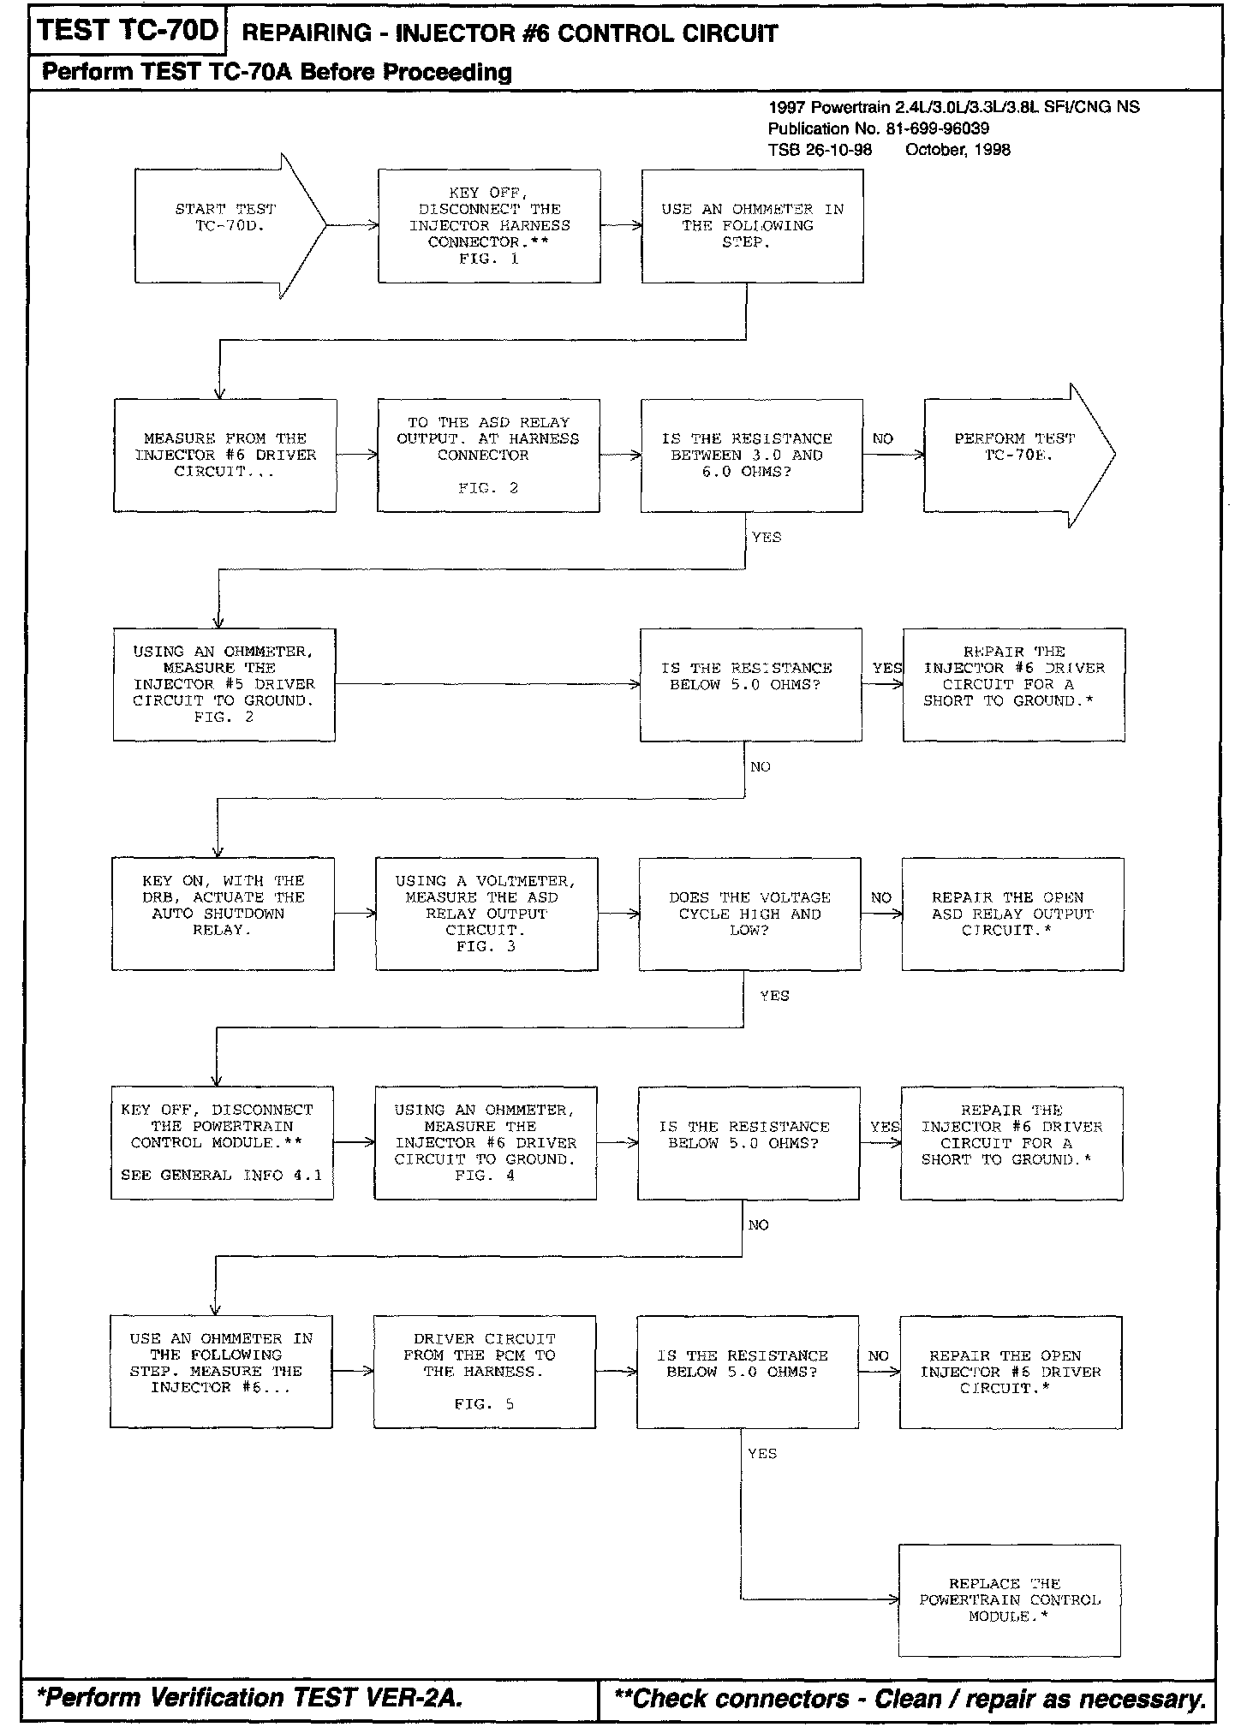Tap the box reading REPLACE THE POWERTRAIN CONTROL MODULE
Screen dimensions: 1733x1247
1009,1599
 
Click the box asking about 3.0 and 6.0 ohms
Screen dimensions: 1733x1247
751,456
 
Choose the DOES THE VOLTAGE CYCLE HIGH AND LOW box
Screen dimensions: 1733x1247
749,914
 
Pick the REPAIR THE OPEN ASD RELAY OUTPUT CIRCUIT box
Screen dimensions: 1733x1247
1012,914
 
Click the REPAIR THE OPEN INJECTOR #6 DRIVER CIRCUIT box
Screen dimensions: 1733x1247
1010,1372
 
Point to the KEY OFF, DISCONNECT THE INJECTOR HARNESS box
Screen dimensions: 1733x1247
489,226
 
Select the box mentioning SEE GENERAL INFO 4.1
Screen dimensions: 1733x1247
222,1143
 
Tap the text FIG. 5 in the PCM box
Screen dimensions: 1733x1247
484,1404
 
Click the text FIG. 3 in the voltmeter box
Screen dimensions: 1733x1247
486,946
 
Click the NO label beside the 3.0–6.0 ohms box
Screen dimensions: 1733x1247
882,438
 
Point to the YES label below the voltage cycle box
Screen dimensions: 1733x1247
774,996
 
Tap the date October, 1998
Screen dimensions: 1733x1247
958,150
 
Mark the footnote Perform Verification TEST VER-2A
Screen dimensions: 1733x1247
249,1697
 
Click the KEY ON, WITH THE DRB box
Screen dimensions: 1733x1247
223,914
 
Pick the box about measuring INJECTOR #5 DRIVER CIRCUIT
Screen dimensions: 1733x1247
224,684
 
